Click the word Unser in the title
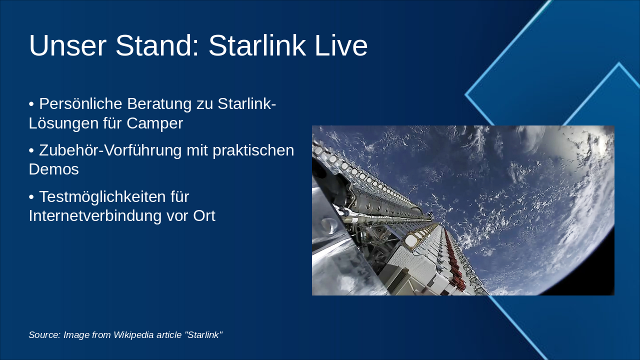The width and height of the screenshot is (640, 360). pos(67,45)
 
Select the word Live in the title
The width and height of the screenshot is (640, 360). pos(341,45)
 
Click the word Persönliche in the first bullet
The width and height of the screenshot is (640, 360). pos(80,103)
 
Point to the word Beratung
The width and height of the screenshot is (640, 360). pos(159,104)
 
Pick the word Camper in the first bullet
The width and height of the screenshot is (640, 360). pos(154,123)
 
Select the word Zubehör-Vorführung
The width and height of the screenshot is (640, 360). pos(110,150)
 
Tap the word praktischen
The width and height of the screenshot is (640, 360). pos(253,150)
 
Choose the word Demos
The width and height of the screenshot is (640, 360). pos(53,169)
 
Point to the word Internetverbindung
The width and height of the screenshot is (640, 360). pos(95,215)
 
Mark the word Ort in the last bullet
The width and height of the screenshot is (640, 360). pos(204,215)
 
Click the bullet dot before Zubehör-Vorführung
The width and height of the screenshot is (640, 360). pos(31,151)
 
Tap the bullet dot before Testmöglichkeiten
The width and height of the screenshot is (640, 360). pos(31,197)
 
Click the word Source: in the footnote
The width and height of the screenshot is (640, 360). pos(44,335)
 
